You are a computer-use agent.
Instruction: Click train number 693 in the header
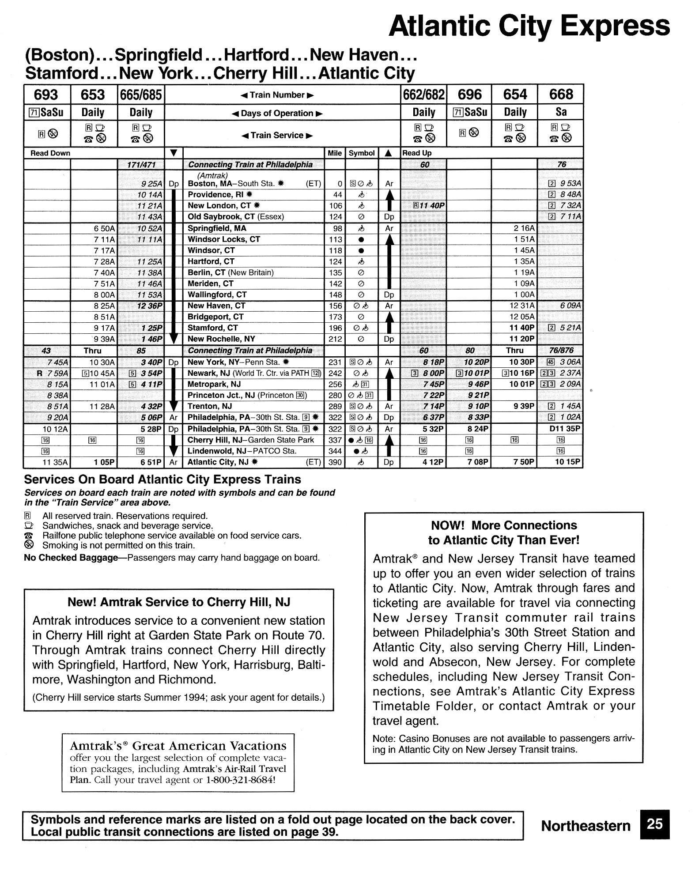pos(46,94)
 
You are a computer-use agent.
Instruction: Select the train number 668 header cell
pos(561,94)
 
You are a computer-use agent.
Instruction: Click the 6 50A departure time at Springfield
pos(104,228)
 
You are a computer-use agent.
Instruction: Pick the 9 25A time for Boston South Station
pos(150,184)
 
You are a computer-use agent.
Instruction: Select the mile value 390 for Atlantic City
pos(336,462)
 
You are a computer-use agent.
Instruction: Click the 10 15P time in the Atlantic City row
pos(567,462)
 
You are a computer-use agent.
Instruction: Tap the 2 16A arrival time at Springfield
pos(524,228)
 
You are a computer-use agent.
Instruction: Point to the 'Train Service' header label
pos(277,136)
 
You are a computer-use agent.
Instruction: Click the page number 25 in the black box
pos(654,824)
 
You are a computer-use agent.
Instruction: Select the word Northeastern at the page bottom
pos(585,826)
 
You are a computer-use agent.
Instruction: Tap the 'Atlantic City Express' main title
pos(529,26)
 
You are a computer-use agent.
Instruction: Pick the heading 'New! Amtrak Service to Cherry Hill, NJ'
pos(178,602)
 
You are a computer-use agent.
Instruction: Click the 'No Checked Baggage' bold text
pos(71,558)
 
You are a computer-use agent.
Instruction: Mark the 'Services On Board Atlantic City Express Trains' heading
pos(162,479)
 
